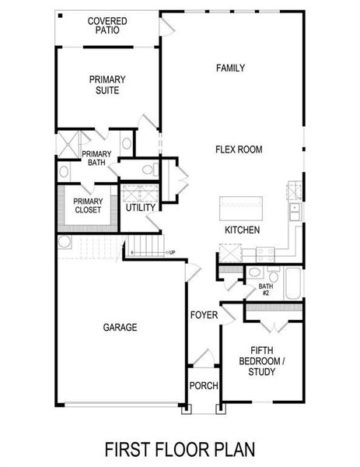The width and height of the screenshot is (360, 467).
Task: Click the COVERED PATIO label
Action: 107,26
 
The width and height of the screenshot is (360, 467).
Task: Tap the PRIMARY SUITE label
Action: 107,85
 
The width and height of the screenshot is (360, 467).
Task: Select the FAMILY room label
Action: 230,68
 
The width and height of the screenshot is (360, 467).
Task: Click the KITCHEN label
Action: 242,230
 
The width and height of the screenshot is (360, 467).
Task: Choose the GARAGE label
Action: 120,328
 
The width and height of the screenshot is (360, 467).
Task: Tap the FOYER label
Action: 204,315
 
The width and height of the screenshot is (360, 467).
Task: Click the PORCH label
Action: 204,385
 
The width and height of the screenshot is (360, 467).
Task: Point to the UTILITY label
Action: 141,208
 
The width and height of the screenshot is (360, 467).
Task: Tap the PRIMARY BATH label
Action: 97,158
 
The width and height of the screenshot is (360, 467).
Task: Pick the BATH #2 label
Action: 264,290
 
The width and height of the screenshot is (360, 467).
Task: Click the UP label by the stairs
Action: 171,252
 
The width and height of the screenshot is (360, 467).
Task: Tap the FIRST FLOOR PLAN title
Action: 180,449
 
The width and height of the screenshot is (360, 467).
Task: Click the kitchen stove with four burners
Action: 264,251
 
